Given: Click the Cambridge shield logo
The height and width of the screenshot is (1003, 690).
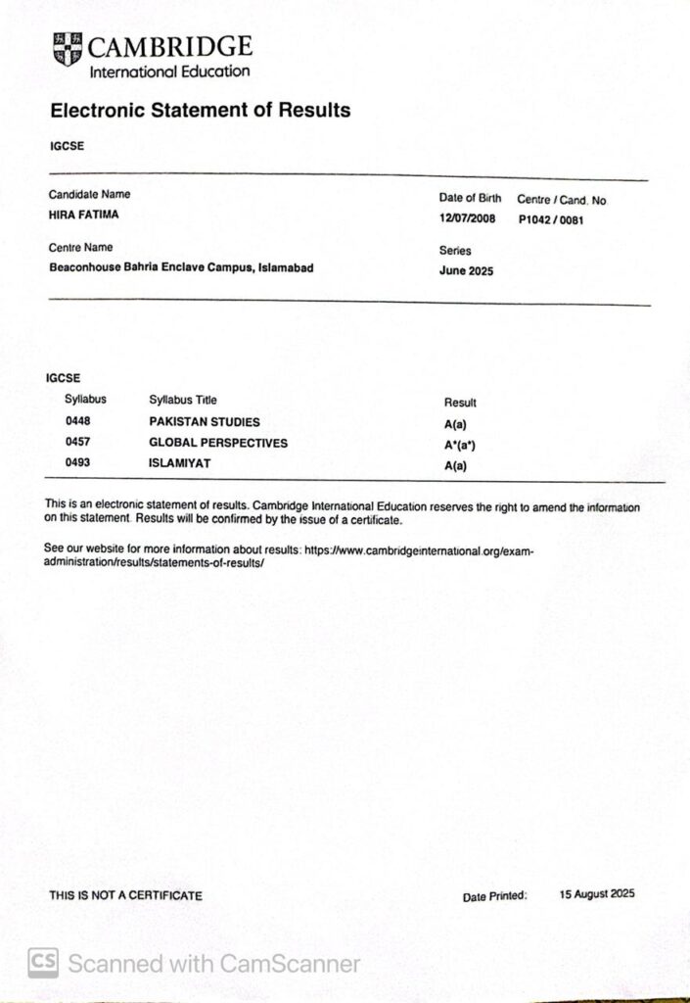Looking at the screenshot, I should tap(67, 49).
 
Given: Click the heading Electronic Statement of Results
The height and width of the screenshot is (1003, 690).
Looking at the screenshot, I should tap(200, 111).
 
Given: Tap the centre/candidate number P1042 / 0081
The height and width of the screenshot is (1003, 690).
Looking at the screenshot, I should tap(551, 220).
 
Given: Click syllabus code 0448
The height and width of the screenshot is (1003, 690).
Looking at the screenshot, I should tap(77, 421).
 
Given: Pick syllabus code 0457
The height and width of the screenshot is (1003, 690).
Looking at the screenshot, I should tap(77, 443).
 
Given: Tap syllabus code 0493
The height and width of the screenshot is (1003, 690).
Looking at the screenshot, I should tap(77, 462).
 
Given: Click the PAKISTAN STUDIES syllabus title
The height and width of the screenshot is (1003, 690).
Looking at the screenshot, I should tap(205, 422).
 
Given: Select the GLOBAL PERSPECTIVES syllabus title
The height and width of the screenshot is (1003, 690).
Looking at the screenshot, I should tap(218, 443).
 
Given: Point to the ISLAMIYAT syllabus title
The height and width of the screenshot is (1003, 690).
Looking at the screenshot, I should tap(180, 462).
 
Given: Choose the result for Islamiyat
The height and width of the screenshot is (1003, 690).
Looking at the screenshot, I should tap(455, 466).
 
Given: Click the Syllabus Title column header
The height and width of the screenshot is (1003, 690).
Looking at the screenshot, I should tap(183, 400).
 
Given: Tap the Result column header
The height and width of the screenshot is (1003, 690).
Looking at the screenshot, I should tap(460, 403).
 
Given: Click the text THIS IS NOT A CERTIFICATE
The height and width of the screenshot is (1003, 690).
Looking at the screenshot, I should tap(126, 895).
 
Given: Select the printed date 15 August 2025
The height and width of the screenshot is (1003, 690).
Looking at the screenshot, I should tap(597, 894).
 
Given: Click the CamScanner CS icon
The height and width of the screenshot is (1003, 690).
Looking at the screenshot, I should tap(42, 963).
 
